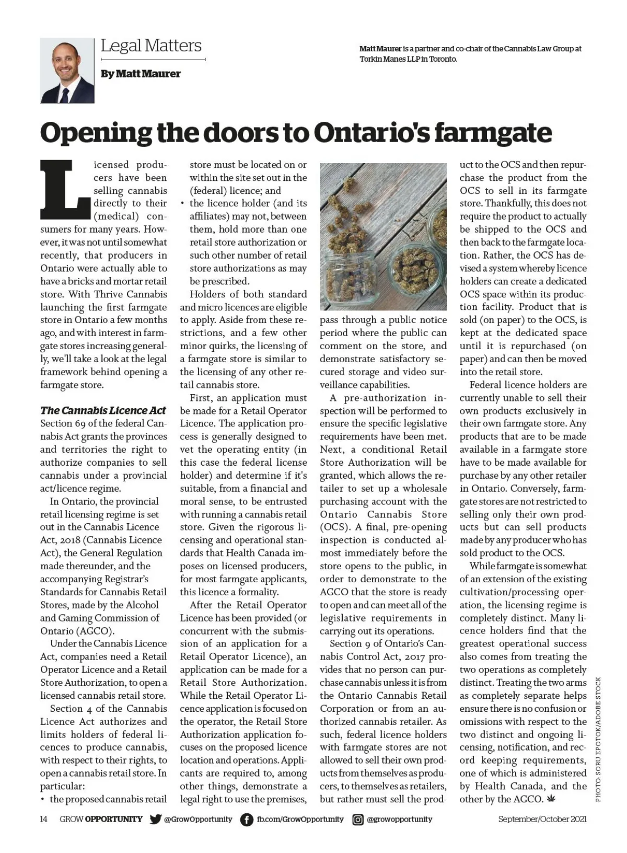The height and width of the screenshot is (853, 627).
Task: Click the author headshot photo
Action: click(67, 71)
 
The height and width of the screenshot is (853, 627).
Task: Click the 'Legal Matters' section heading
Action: click(151, 45)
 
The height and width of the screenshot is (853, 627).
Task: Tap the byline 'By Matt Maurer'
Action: click(141, 74)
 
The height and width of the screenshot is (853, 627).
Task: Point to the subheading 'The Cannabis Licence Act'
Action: click(103, 410)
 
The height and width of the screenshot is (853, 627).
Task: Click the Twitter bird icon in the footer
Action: click(155, 820)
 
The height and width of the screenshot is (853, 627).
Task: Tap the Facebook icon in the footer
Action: click(247, 820)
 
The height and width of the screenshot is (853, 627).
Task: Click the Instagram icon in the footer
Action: click(358, 820)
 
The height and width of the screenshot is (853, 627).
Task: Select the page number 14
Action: click(44, 819)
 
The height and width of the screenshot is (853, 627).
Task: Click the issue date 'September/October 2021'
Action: click(542, 819)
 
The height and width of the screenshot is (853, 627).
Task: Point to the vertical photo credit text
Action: click(599, 740)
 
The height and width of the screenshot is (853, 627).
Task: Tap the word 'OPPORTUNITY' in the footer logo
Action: click(113, 819)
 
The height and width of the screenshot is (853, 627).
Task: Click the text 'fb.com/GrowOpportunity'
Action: click(300, 819)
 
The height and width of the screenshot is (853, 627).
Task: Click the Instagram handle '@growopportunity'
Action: click(400, 819)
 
